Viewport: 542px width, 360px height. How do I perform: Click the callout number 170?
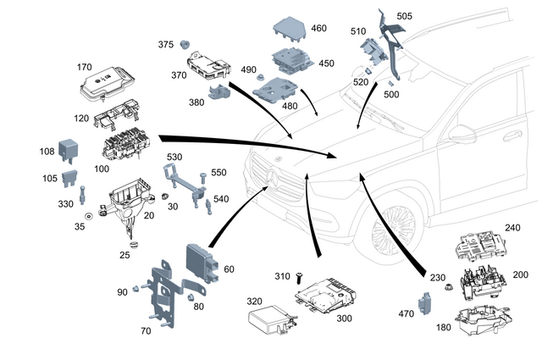coord(85,66)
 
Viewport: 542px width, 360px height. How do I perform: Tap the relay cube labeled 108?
coord(67,149)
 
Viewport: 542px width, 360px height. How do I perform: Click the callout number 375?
coord(165,45)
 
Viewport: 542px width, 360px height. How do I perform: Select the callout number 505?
coord(429,15)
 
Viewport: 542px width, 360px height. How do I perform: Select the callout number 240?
coord(513,228)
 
